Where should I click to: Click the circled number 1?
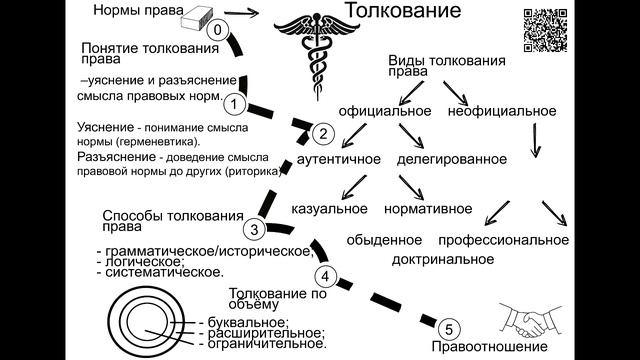tap(234, 102)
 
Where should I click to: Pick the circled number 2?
tap(322, 132)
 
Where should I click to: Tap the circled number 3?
tap(256, 229)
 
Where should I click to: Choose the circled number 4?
tap(323, 277)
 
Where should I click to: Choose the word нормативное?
tap(427, 209)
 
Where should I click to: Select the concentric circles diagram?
tap(148, 318)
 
